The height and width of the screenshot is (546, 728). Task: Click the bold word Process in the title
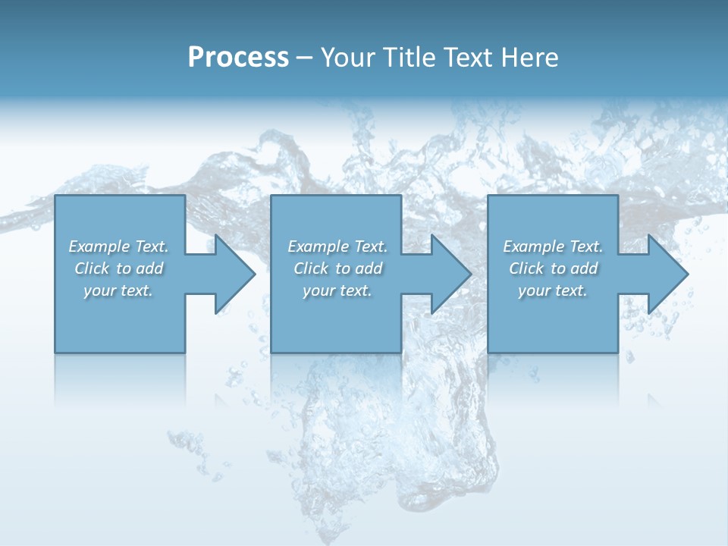pos(238,58)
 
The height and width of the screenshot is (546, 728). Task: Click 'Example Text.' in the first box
pos(118,246)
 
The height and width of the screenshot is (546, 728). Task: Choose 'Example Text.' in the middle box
pos(337,246)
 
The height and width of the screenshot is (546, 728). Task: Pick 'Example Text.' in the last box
pos(553,246)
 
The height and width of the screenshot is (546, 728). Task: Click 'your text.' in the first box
pos(118,290)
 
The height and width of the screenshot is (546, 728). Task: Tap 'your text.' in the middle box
pos(337,290)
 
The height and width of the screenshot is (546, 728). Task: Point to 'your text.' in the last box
pos(553,290)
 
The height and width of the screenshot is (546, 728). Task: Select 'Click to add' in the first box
pos(118,268)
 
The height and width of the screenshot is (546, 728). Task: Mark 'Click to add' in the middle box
pos(337,268)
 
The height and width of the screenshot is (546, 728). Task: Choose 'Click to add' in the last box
pos(553,268)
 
